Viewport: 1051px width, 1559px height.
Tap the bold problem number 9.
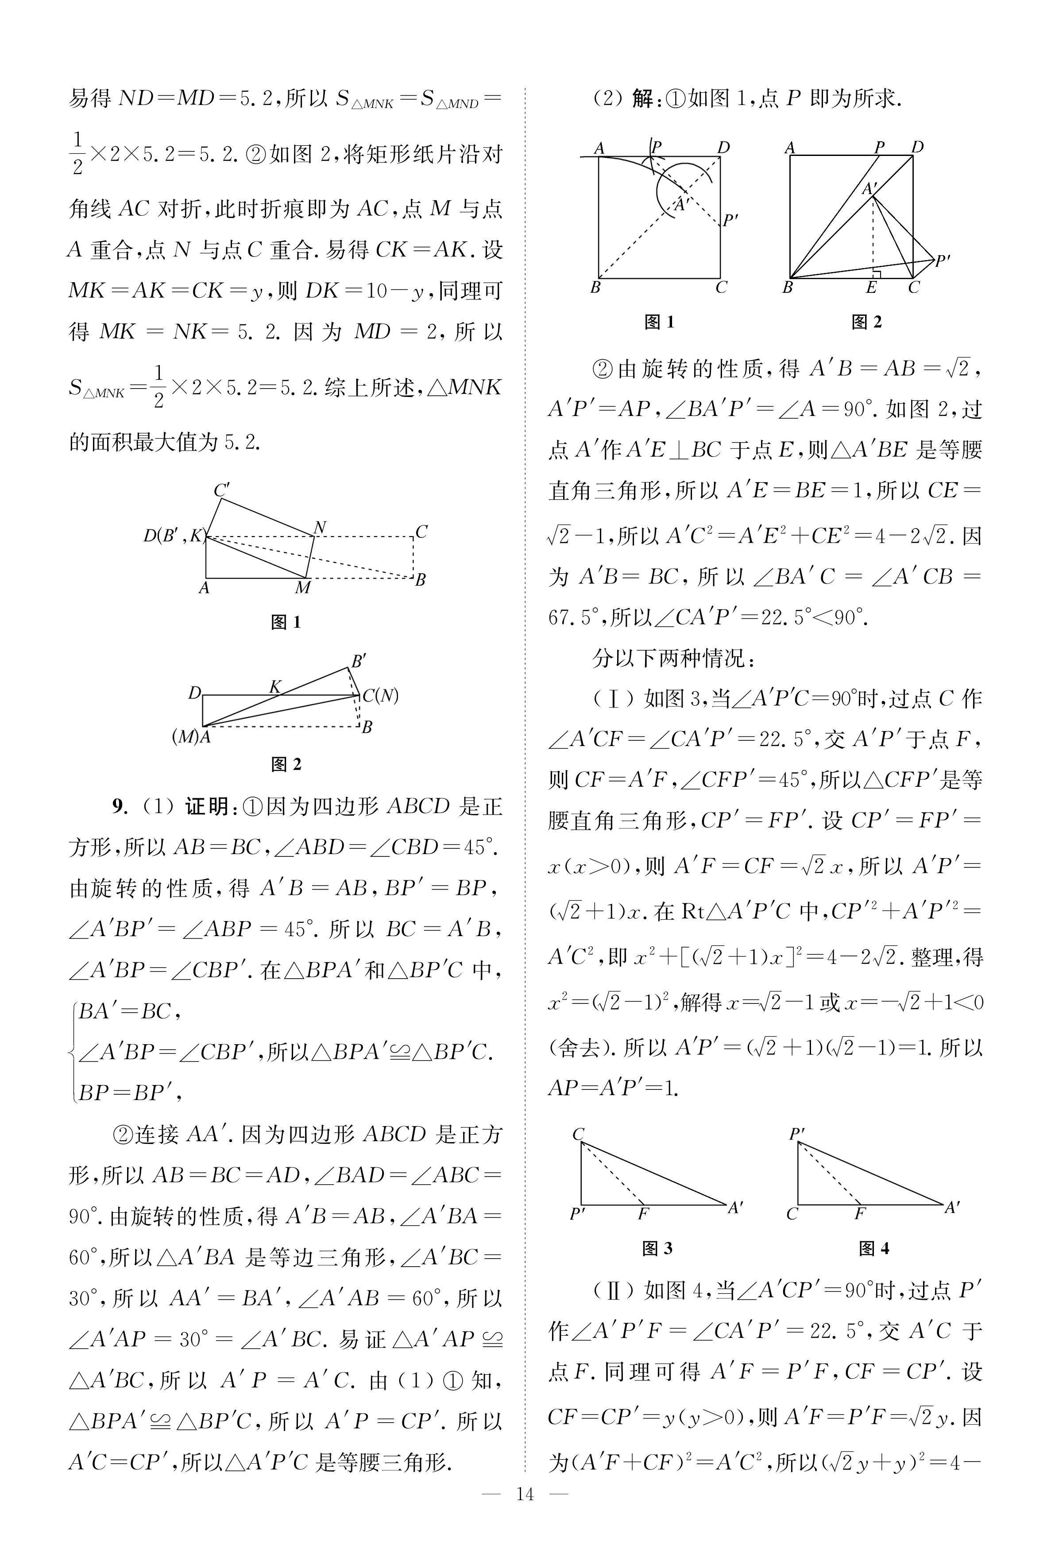(x=119, y=807)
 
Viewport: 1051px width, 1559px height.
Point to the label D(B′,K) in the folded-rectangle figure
(x=173, y=535)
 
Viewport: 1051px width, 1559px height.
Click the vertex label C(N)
(x=380, y=696)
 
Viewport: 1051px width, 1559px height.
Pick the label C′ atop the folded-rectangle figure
(x=222, y=490)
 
